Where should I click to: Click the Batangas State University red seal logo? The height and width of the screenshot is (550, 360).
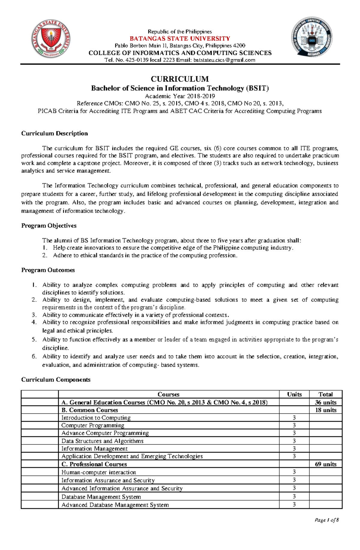pyautogui.click(x=51, y=39)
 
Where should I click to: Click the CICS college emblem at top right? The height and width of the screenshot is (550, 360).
pyautogui.click(x=312, y=37)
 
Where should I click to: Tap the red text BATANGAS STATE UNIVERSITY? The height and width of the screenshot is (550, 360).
pyautogui.click(x=180, y=39)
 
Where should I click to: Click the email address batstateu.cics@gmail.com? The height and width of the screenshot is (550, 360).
pyautogui.click(x=224, y=60)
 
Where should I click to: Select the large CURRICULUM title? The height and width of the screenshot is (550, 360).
pyautogui.click(x=180, y=79)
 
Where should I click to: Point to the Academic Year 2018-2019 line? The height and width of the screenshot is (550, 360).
pyautogui.click(x=180, y=96)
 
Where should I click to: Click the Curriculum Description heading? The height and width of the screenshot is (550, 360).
pyautogui.click(x=55, y=133)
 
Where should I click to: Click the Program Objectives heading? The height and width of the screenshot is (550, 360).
pyautogui.click(x=49, y=226)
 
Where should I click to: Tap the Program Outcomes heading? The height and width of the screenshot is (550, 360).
pyautogui.click(x=48, y=270)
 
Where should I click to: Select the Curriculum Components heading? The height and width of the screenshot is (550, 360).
pyautogui.click(x=56, y=380)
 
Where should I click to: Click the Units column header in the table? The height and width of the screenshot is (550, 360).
pyautogui.click(x=294, y=394)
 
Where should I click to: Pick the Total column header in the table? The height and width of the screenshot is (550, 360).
pyautogui.click(x=325, y=394)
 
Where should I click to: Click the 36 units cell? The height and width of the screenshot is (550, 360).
pyautogui.click(x=325, y=403)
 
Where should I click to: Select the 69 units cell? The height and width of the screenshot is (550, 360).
pyautogui.click(x=325, y=464)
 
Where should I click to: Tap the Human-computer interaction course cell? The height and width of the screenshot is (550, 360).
pyautogui.click(x=99, y=472)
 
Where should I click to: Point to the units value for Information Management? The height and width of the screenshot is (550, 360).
pyautogui.click(x=294, y=449)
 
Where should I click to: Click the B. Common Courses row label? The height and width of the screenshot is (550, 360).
pyautogui.click(x=89, y=410)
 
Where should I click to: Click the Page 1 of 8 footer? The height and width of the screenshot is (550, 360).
pyautogui.click(x=326, y=520)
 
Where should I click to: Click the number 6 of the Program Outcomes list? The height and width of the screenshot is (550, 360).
pyautogui.click(x=34, y=356)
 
